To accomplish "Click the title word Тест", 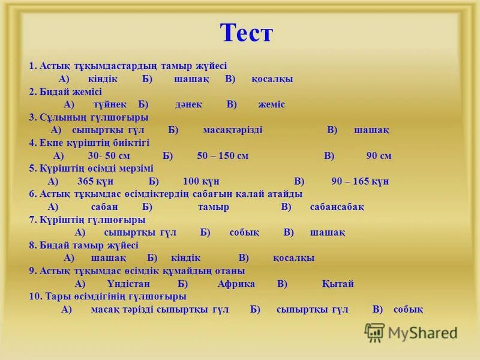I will coord(246,33).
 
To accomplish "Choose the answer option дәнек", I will coord(188,104).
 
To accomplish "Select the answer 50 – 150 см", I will coord(222,156).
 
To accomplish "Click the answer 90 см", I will coord(379,156).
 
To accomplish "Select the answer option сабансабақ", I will coord(337,207).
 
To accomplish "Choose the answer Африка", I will coord(236,284).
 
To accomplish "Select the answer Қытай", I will coord(338,284).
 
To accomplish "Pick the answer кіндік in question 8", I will coord(186,258).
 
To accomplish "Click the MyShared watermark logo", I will coord(411,332).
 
